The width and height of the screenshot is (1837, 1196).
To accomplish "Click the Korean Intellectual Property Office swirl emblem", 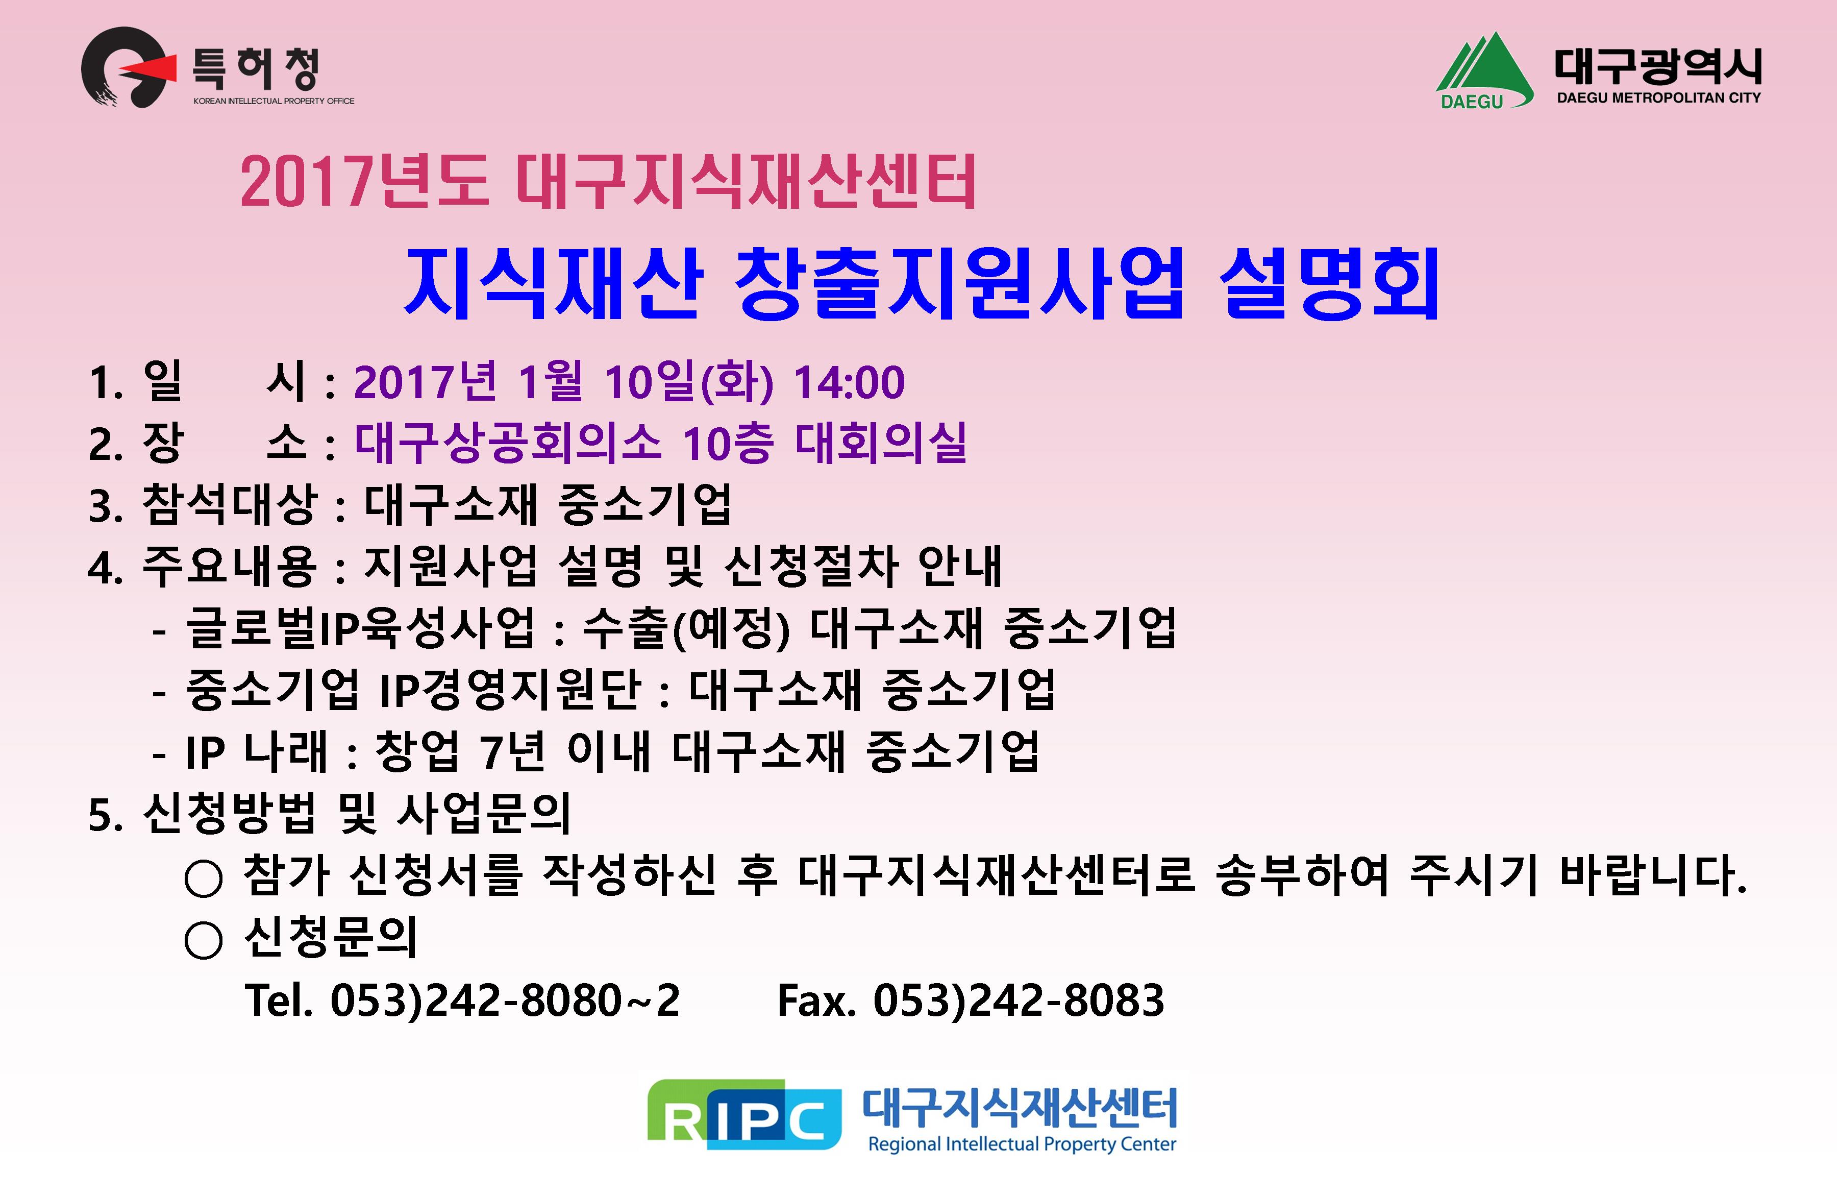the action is [x=123, y=68].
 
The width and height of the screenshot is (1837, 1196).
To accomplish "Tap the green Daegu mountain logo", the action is [x=1483, y=71].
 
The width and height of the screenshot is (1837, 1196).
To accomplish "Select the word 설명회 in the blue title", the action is [x=1329, y=283].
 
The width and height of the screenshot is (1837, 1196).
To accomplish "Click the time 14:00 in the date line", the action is [x=849, y=382].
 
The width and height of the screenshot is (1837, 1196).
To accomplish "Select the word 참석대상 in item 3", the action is [x=229, y=504].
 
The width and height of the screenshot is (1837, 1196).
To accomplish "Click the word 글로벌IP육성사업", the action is [x=360, y=627].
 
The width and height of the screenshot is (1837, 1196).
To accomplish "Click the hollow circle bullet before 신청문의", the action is [x=204, y=940].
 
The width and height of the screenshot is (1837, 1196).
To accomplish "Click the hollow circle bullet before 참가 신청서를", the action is [x=204, y=878].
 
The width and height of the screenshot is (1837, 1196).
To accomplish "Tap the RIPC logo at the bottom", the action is [x=744, y=1114].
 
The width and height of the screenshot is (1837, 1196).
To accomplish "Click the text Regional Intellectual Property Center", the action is [x=1022, y=1143].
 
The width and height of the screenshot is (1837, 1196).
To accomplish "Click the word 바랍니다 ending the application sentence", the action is [x=1652, y=875].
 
